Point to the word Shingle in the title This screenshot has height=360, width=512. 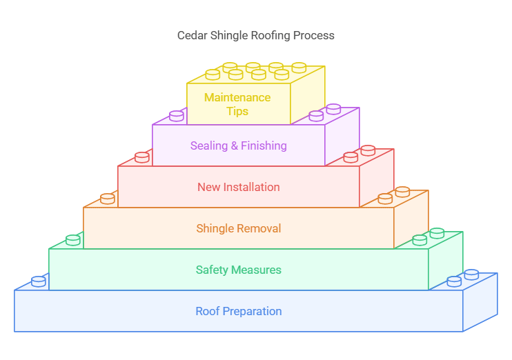(x=227, y=35)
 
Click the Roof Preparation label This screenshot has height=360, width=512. (x=238, y=311)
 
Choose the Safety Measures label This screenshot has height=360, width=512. (x=238, y=270)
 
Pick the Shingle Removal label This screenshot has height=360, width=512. (x=238, y=228)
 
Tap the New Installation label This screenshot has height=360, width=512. (x=238, y=187)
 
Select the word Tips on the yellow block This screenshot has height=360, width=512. (x=237, y=111)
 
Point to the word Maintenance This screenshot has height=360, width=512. (x=237, y=97)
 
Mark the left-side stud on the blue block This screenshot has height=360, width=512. (x=39, y=281)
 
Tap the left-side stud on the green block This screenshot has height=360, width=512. (x=73, y=240)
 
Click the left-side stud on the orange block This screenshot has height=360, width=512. (x=108, y=199)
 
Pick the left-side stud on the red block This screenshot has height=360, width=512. (x=142, y=157)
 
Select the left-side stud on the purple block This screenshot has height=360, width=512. (x=177, y=116)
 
